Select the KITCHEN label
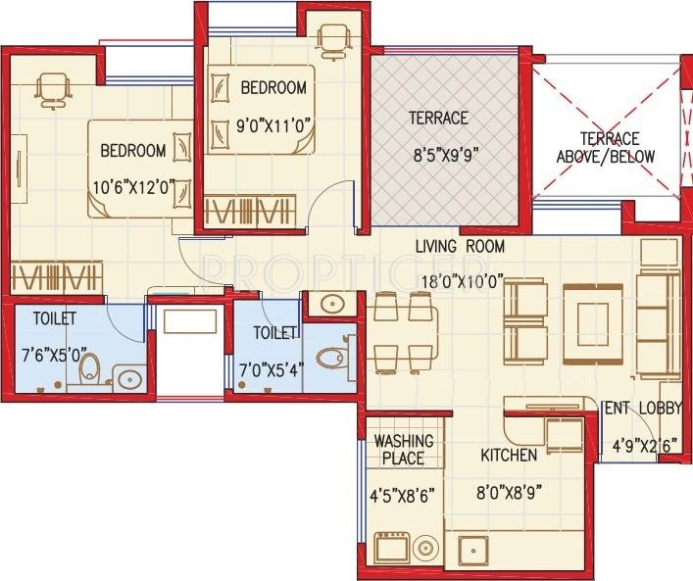click(x=509, y=456)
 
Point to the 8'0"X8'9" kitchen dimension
click(x=509, y=491)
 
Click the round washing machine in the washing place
click(x=426, y=548)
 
